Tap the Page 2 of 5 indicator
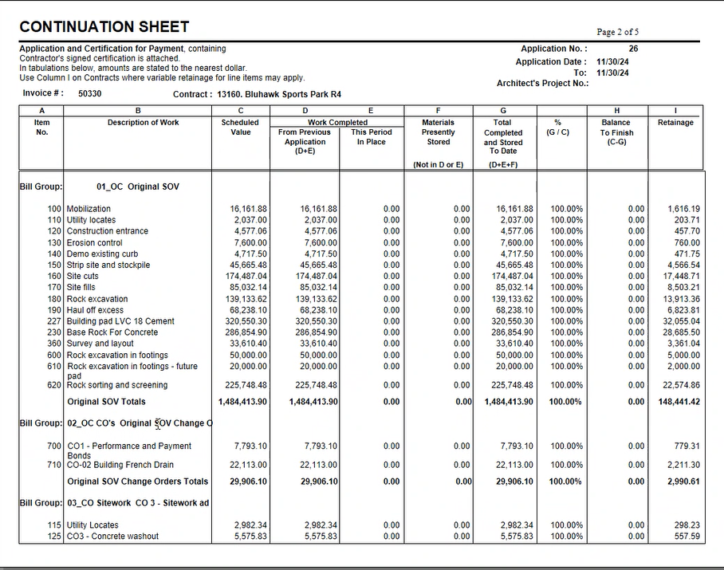(617, 32)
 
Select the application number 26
(632, 49)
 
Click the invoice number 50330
(90, 93)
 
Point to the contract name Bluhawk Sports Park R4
(279, 94)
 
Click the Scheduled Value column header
(240, 128)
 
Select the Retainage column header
(675, 123)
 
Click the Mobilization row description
(89, 209)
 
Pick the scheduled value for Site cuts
(249, 276)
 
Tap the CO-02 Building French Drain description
(120, 465)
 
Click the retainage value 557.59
(687, 537)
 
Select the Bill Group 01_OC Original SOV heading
(100, 187)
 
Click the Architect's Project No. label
(542, 84)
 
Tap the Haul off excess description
(95, 310)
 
